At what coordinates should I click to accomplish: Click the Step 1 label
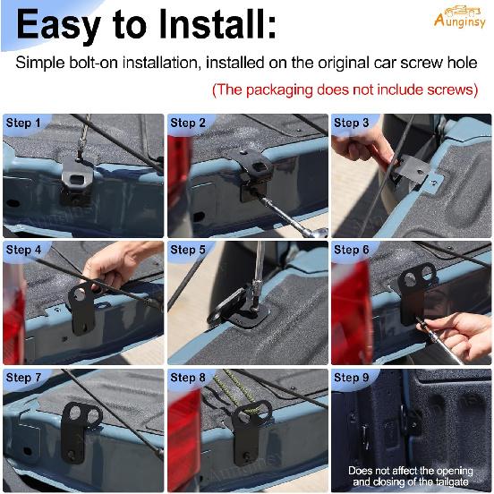click(x=24, y=123)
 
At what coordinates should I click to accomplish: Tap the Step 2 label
click(x=188, y=123)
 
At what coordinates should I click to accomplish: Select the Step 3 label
click(x=352, y=123)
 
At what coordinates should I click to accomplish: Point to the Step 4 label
click(x=24, y=251)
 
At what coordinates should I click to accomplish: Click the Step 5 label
click(x=188, y=251)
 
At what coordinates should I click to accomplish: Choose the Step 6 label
click(x=352, y=251)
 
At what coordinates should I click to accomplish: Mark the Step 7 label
click(x=24, y=379)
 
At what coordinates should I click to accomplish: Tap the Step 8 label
click(x=188, y=379)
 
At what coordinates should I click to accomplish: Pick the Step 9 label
click(x=352, y=379)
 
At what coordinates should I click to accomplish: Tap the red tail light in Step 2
click(x=179, y=170)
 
